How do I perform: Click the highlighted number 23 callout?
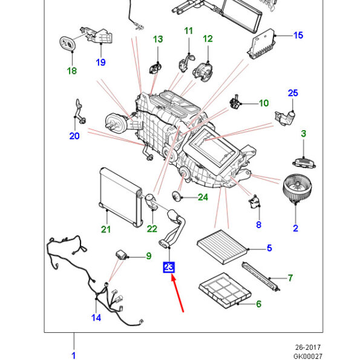169,267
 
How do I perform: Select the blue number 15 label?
298,35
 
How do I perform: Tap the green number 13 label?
158,39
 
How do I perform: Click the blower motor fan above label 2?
298,188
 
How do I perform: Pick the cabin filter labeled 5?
223,247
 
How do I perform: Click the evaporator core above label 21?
120,197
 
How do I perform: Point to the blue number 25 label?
293,93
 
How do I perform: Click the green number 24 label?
203,197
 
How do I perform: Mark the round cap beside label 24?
177,197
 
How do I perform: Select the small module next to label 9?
122,255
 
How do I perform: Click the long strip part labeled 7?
261,277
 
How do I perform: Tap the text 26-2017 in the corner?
308,347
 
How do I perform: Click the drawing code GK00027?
308,356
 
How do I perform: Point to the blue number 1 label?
74,356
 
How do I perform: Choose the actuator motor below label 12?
203,72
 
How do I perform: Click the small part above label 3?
304,163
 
